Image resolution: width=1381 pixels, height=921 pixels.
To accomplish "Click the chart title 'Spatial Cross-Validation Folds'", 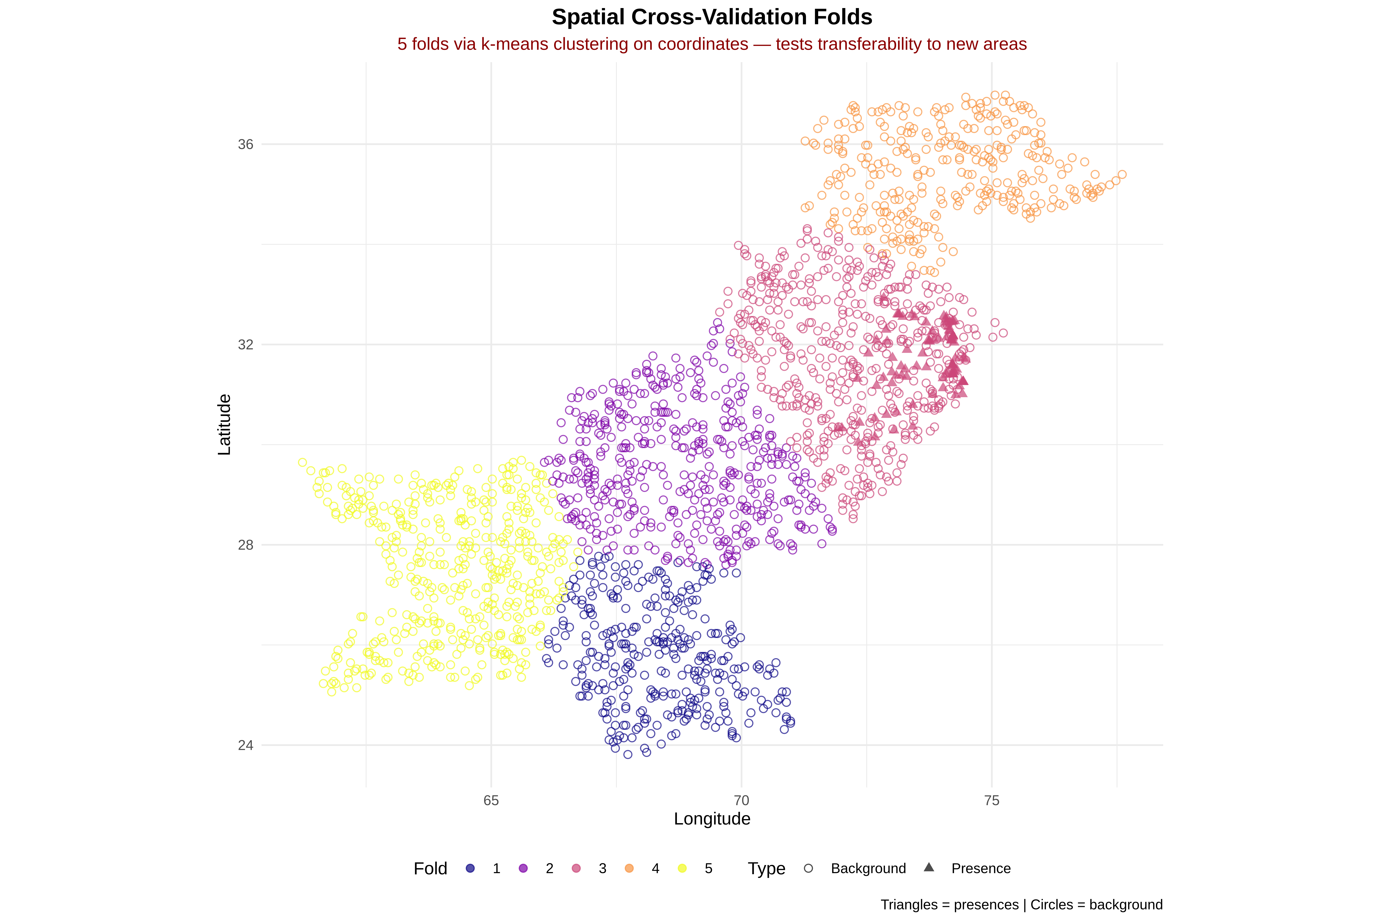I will (712, 17).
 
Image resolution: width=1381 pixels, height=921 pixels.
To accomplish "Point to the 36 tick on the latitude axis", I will (246, 144).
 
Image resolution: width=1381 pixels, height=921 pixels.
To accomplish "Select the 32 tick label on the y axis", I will (246, 345).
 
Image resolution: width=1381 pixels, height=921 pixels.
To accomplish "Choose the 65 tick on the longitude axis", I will (491, 800).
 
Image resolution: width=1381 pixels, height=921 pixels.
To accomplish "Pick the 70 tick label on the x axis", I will (741, 800).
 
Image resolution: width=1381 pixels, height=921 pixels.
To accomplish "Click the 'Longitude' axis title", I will (712, 819).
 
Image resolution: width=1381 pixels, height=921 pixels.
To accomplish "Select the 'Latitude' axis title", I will (224, 425).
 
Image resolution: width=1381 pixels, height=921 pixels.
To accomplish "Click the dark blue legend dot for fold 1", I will (470, 868).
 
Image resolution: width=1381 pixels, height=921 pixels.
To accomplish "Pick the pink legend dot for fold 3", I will (576, 868).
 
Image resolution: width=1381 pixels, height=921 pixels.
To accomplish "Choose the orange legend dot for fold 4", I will (629, 868).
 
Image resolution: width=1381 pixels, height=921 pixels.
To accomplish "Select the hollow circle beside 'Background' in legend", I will (808, 868).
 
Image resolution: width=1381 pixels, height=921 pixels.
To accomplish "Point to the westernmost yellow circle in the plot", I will (302, 462).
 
